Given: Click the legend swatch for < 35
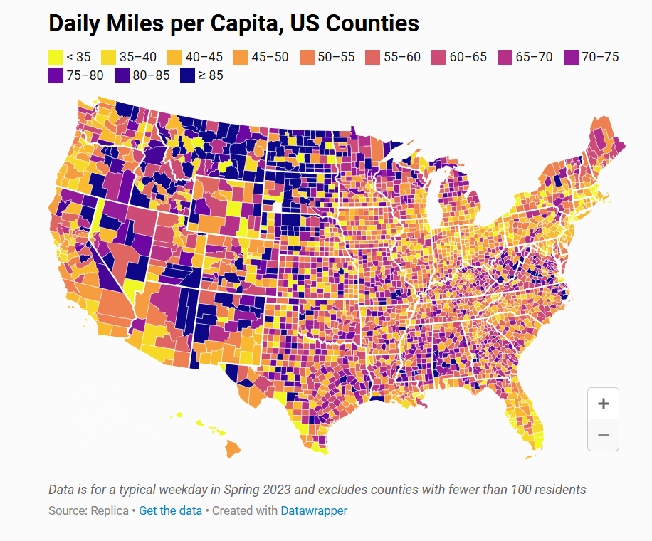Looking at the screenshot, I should pyautogui.click(x=55, y=57).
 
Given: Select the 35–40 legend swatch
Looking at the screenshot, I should pyautogui.click(x=108, y=57).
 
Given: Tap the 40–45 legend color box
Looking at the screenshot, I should pyautogui.click(x=174, y=57).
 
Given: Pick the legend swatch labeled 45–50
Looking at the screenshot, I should pyautogui.click(x=241, y=57).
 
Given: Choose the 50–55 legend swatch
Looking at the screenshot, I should pyautogui.click(x=307, y=57).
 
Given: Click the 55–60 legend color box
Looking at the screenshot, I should pyautogui.click(x=372, y=57).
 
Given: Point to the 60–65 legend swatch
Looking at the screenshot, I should pyautogui.click(x=438, y=57).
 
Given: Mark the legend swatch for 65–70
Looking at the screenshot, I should pyautogui.click(x=505, y=57).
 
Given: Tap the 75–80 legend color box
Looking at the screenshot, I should pyautogui.click(x=55, y=75).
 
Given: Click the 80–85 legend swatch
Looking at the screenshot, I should pyautogui.click(x=121, y=75).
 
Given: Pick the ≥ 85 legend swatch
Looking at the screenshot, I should pyautogui.click(x=187, y=75).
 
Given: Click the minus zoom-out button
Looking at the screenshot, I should pyautogui.click(x=603, y=434).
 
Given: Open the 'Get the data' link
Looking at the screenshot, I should pyautogui.click(x=170, y=510).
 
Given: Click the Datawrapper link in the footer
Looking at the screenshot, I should pyautogui.click(x=314, y=510).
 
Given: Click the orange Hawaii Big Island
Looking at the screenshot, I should pyautogui.click(x=233, y=449).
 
